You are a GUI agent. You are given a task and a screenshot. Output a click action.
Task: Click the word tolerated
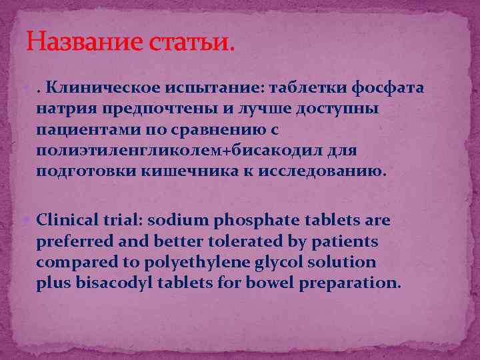(242, 241)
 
